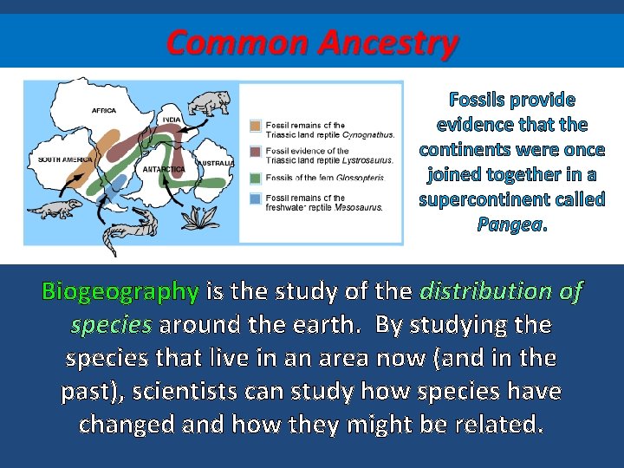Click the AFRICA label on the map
point(103,111)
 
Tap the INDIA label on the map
point(172,119)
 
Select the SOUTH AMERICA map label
point(65,159)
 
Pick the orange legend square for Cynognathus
point(256,126)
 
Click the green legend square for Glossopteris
point(256,177)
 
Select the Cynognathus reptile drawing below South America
point(60,210)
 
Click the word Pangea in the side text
point(510,224)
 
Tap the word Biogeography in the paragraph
point(120,291)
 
